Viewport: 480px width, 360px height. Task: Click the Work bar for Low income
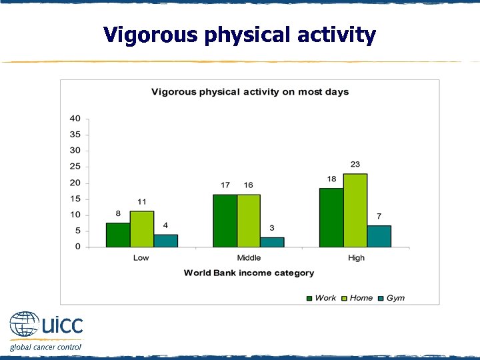tap(118, 235)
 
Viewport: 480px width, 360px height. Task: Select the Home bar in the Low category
tap(142, 229)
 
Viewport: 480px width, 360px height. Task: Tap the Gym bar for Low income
tap(166, 241)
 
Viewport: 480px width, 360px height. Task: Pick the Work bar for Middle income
tap(225, 221)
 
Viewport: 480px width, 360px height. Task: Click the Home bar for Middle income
tap(249, 221)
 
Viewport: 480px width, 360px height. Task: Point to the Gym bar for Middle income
tap(272, 242)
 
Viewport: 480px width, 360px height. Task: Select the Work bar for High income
tap(331, 217)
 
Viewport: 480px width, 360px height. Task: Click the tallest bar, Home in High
tap(355, 210)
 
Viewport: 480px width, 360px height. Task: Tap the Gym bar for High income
tap(379, 236)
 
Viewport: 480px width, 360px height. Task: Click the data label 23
tap(355, 164)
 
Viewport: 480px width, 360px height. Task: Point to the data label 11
tap(142, 201)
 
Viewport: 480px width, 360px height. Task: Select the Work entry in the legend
tap(321, 298)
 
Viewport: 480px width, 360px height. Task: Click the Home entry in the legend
tap(356, 298)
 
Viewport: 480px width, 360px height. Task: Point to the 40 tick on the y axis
tap(75, 119)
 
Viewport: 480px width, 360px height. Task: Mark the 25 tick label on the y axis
tap(75, 167)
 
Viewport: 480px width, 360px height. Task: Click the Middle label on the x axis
tap(249, 258)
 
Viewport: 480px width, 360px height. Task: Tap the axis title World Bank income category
tap(249, 273)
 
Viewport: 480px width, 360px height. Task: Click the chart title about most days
tap(250, 92)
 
